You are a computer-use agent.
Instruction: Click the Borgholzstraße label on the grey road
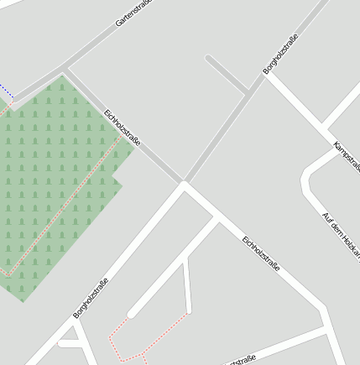[x=281, y=53]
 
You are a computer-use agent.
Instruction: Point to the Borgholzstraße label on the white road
[x=91, y=297]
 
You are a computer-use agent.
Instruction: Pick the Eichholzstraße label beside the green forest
[x=123, y=129]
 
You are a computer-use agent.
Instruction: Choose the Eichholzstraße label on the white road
[x=261, y=253]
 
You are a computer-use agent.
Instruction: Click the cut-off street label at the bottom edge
[x=239, y=360]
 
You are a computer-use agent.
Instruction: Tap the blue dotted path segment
[x=6, y=90]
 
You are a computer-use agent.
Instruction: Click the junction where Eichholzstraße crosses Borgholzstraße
[x=183, y=183]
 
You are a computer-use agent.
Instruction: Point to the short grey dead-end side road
[x=225, y=73]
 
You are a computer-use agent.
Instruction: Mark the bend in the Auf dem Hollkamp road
[x=307, y=178]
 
